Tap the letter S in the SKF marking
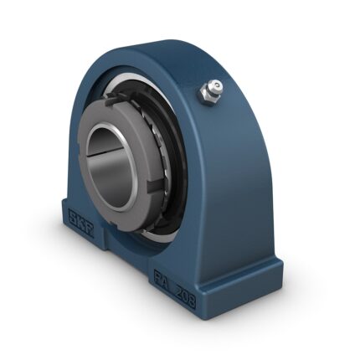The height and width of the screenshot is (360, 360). pyautogui.click(x=74, y=215)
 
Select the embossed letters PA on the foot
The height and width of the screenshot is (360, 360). pyautogui.click(x=164, y=284)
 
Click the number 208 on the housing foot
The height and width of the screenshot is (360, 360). pyautogui.click(x=185, y=298)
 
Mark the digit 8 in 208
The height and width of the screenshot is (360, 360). pyautogui.click(x=192, y=301)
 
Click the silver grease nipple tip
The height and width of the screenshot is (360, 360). pyautogui.click(x=215, y=85)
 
